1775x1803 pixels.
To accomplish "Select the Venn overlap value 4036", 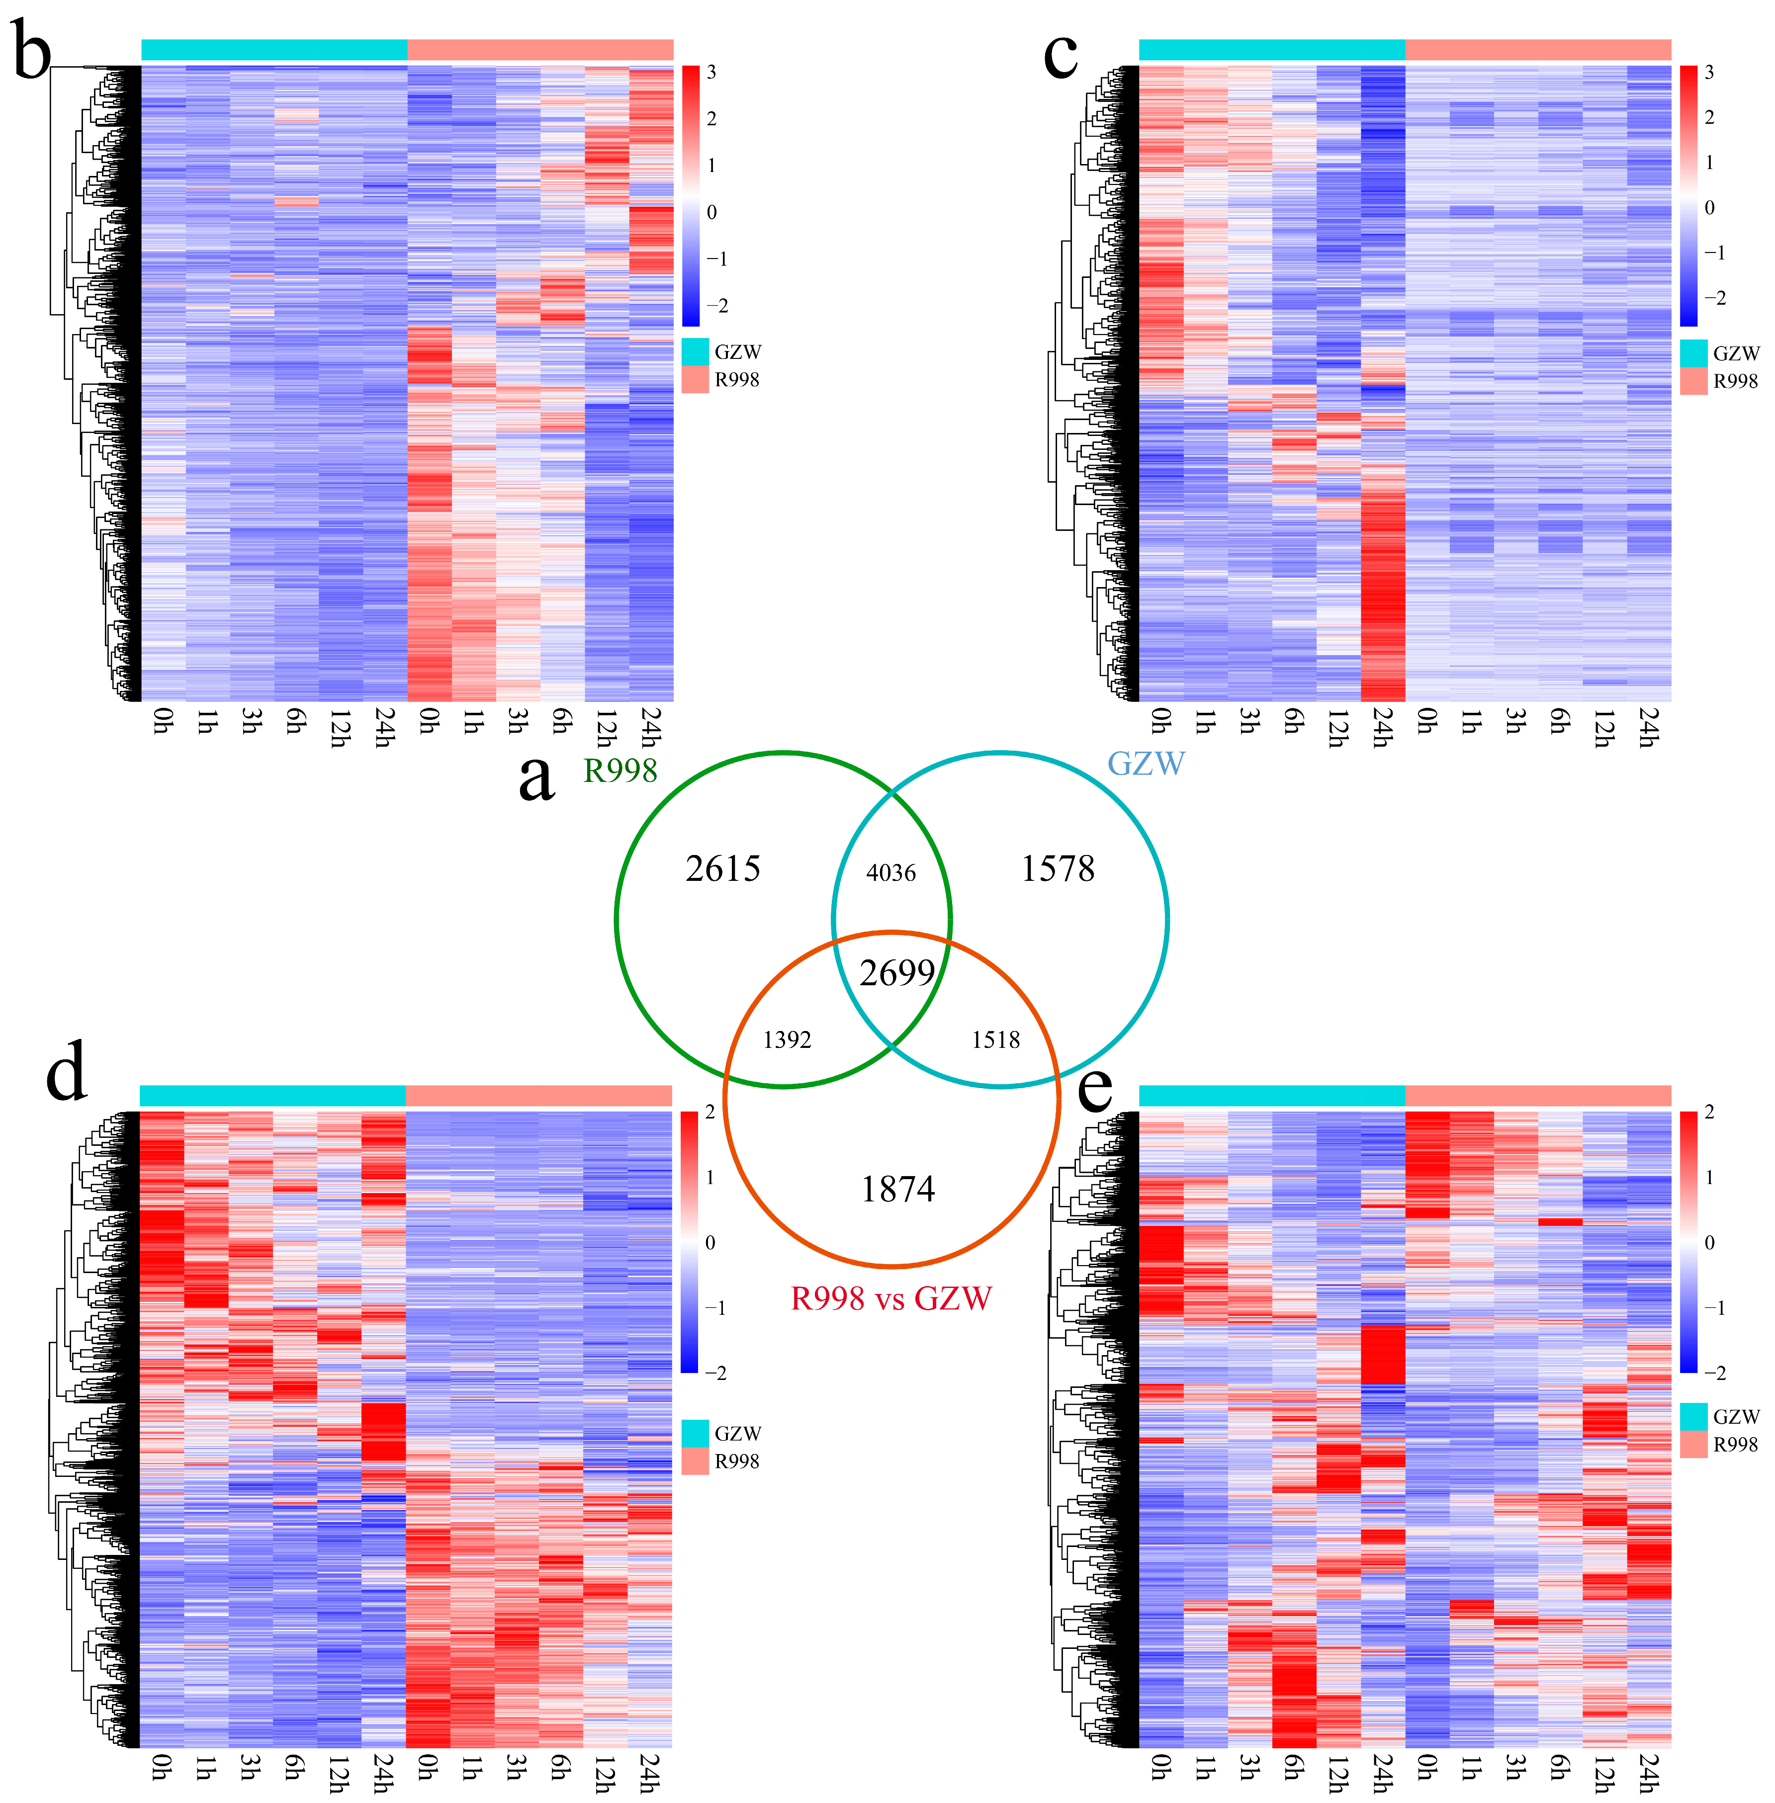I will click(891, 872).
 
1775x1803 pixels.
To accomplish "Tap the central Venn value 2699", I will click(897, 973).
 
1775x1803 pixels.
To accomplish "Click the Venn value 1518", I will click(995, 1039).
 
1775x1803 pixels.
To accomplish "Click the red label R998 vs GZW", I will click(891, 1298).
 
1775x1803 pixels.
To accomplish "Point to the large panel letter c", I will click(1061, 54).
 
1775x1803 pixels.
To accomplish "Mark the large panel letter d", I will click(66, 1072).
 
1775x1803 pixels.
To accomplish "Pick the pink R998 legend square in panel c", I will click(1693, 380).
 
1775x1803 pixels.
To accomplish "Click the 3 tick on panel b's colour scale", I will click(711, 73).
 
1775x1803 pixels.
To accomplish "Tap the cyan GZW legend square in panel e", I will click(1693, 1416).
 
